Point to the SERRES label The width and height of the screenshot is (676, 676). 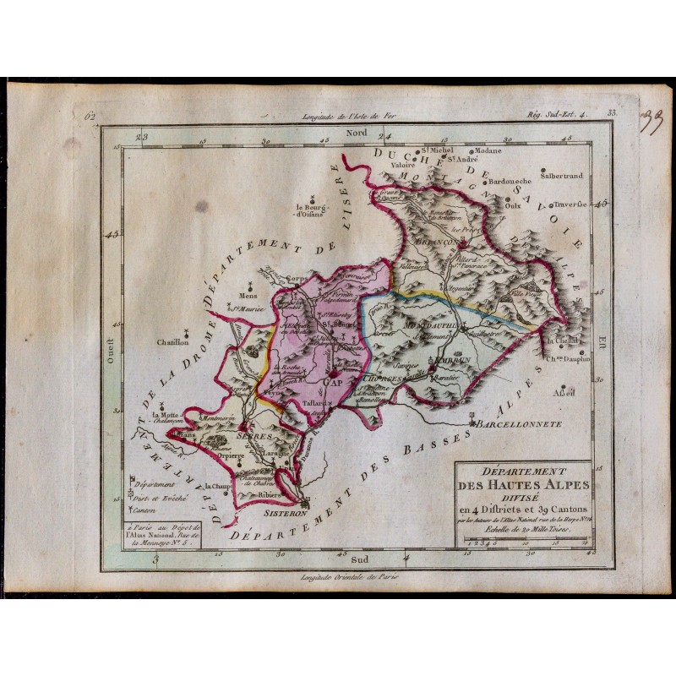pos(254,437)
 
